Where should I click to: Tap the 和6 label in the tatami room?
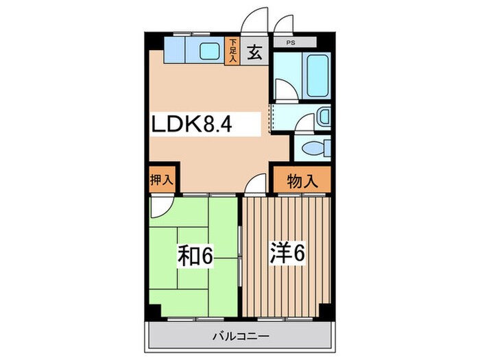tap(197, 256)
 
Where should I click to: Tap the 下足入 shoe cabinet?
tap(233, 51)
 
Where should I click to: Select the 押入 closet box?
tap(162, 180)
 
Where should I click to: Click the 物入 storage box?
tap(301, 181)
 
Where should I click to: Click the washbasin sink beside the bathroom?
tap(323, 116)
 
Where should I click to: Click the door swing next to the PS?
tap(283, 23)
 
